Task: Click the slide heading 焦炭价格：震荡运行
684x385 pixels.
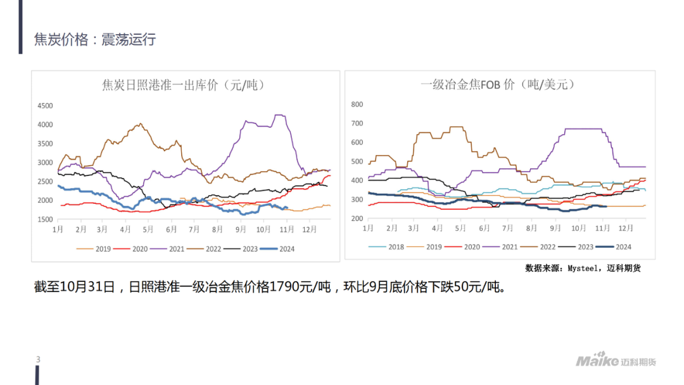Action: point(95,40)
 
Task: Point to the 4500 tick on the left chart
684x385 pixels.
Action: point(45,106)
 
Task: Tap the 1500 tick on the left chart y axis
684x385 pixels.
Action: point(45,220)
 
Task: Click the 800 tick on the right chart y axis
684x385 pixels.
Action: point(357,104)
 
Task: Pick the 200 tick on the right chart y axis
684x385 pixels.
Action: point(357,219)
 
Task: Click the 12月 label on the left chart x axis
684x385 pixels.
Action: point(310,229)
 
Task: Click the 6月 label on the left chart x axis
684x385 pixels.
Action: point(171,229)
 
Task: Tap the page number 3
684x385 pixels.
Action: point(39,360)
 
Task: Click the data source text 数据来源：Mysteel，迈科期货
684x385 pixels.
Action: point(583,268)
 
